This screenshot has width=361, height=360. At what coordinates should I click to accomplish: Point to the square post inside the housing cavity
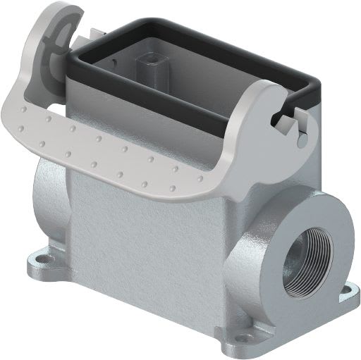pos(150,59)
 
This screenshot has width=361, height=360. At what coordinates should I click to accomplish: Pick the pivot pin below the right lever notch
pos(302,140)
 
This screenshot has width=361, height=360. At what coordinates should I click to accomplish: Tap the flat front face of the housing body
pos(148,240)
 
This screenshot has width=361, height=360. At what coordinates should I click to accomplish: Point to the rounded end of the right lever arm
pos(271,95)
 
